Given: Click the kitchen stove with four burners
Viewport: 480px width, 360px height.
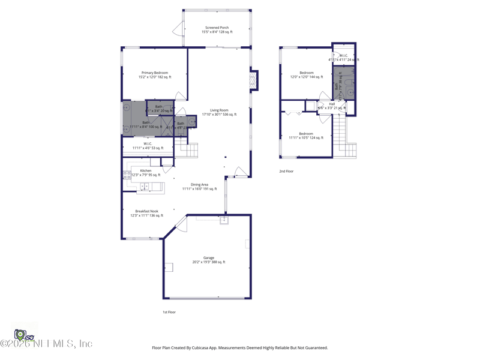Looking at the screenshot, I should click(127, 175).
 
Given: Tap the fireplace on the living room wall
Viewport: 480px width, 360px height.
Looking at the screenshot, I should click(254, 80).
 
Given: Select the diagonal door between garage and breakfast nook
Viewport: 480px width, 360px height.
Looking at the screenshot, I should click(181, 224).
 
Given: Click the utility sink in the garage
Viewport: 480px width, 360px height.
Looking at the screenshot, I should click(224, 220).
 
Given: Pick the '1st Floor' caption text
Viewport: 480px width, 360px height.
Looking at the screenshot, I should click(169, 312).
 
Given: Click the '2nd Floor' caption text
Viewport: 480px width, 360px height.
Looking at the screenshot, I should click(286, 172).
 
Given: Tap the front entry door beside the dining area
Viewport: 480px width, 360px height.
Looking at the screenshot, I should click(241, 172).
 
